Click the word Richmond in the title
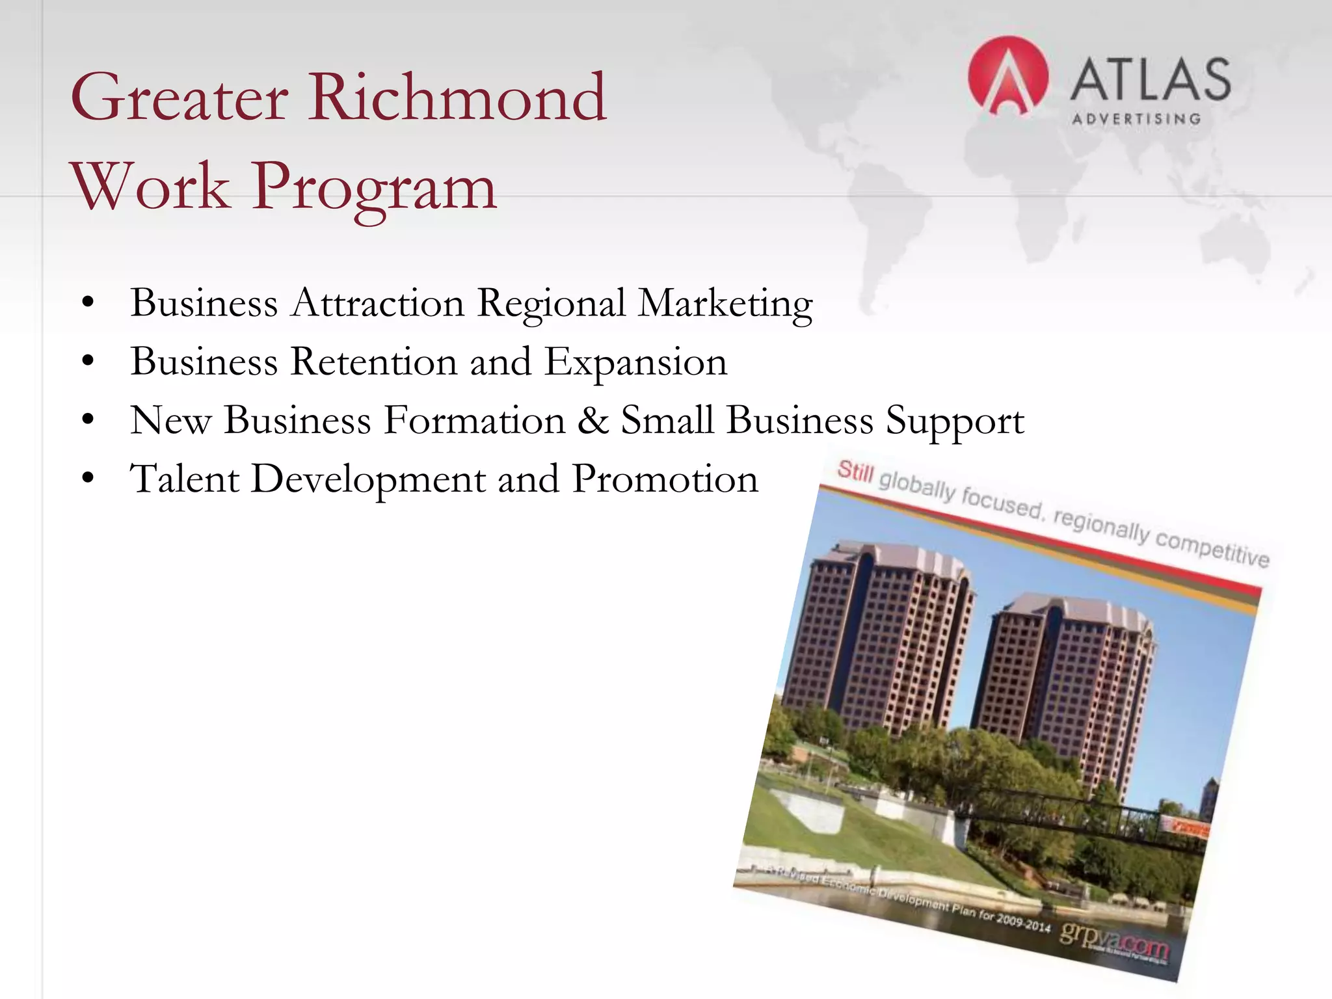coord(458,98)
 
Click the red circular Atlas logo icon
coord(1007,77)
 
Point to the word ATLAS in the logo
coord(1150,79)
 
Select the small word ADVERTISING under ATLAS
coord(1136,119)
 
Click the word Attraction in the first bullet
coord(378,303)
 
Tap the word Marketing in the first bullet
coord(725,304)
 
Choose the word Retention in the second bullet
coord(374,362)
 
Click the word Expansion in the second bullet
coord(635,363)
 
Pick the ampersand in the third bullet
coord(593,420)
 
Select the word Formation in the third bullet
coord(474,420)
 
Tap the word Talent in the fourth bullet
coord(185,479)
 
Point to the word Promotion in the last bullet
coord(665,479)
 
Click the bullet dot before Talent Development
coord(88,480)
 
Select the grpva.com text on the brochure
coord(1113,937)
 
